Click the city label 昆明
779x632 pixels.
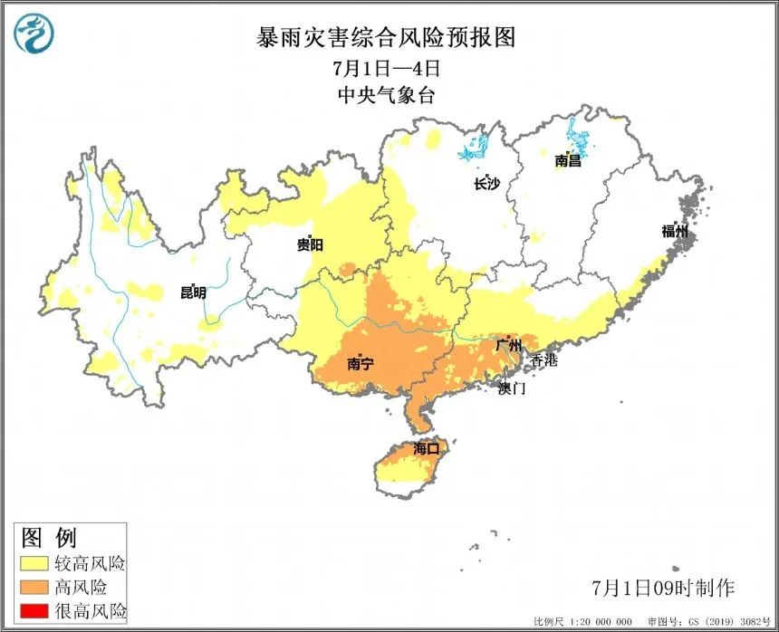(x=193, y=292)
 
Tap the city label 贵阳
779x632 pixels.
(x=310, y=244)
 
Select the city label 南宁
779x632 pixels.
(x=361, y=364)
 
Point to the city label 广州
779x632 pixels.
(x=509, y=346)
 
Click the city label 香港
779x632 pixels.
(x=543, y=360)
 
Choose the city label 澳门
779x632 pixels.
(x=511, y=388)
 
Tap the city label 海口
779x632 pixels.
(x=426, y=448)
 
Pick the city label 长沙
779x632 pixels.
(x=486, y=184)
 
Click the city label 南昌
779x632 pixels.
(x=568, y=161)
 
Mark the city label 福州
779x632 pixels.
(x=675, y=231)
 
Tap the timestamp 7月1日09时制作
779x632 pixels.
(x=663, y=587)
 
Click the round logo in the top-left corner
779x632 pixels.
(x=34, y=34)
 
